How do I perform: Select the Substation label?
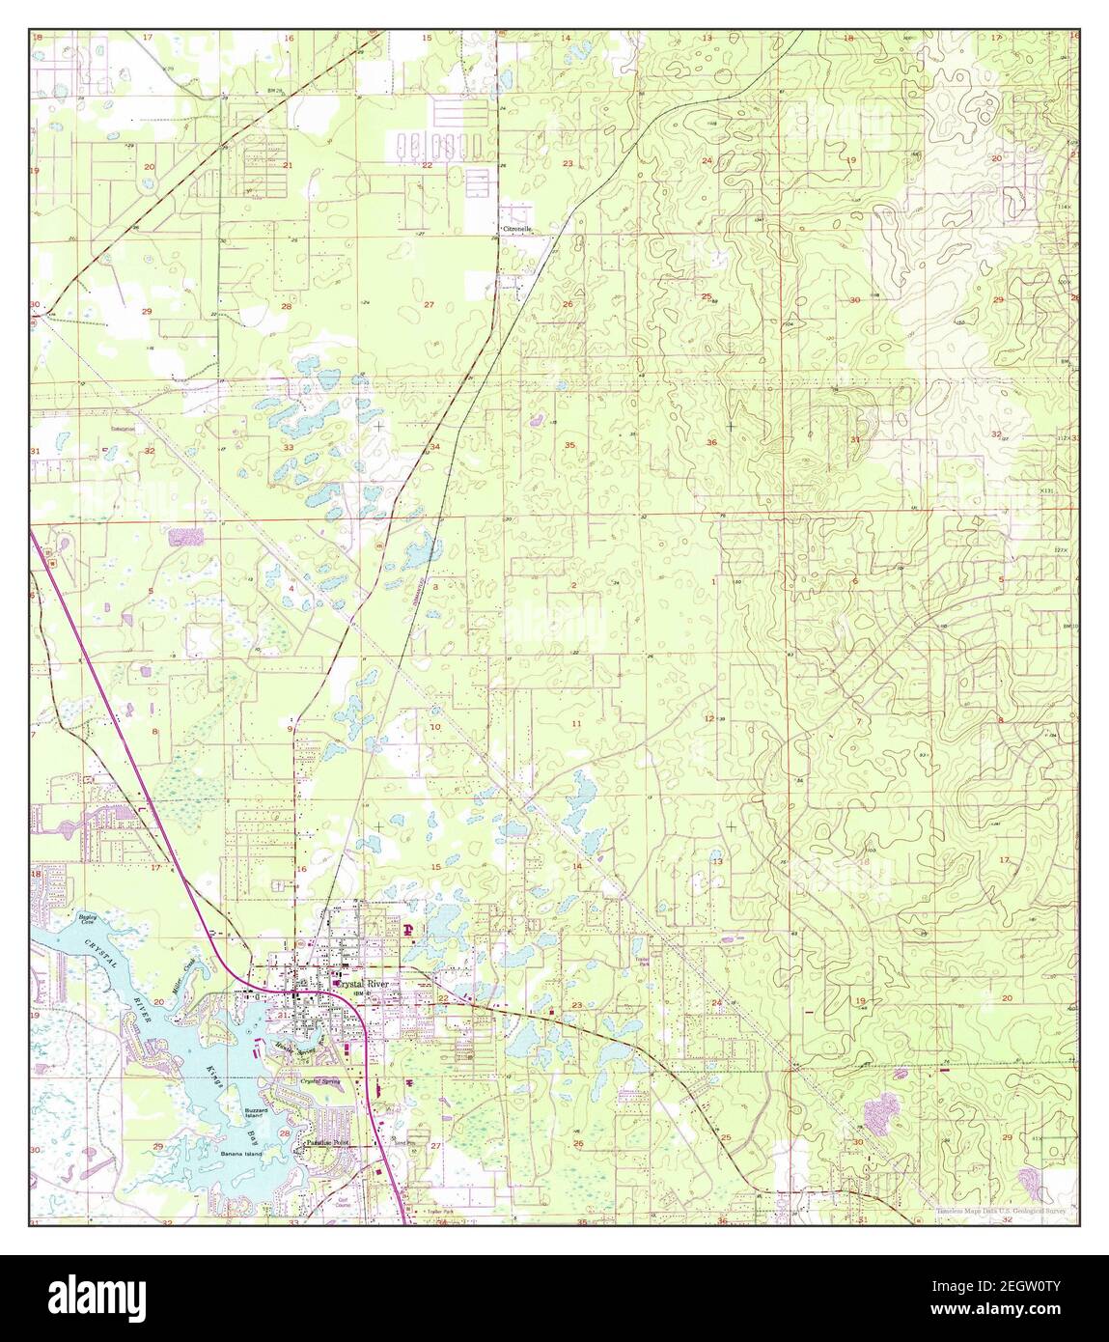pyautogui.click(x=123, y=428)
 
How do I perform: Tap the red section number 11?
pyautogui.click(x=576, y=723)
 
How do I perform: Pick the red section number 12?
pyautogui.click(x=709, y=718)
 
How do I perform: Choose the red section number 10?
pyautogui.click(x=435, y=727)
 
